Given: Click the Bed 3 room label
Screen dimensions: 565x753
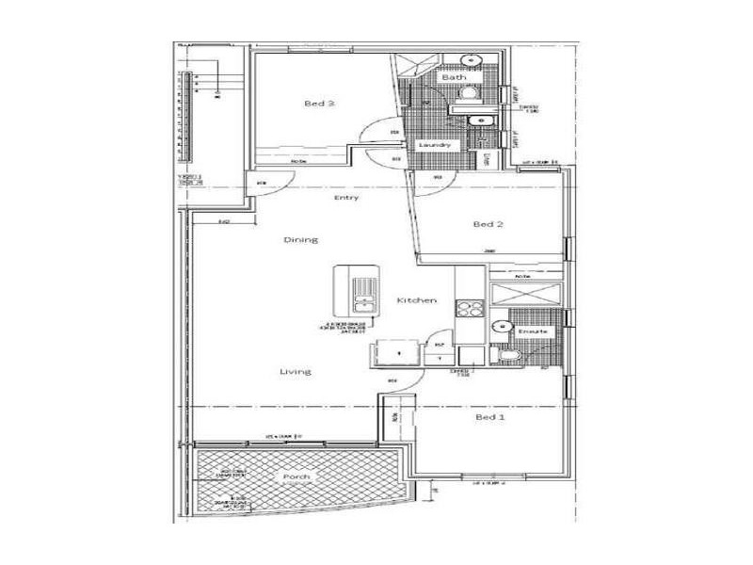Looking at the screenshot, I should click(319, 104).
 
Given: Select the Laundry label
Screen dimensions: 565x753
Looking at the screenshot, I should click(436, 145).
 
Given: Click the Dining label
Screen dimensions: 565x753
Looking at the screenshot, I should click(301, 239).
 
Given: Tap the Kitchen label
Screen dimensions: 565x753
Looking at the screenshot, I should click(416, 299).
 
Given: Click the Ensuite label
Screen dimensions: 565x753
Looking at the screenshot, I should click(523, 331).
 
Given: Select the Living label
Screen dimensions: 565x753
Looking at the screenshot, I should click(295, 372).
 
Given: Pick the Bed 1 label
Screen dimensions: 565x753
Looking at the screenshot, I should click(490, 416).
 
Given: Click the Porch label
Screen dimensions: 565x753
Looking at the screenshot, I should click(297, 477).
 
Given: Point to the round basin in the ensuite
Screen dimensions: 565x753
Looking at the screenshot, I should click(499, 326).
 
